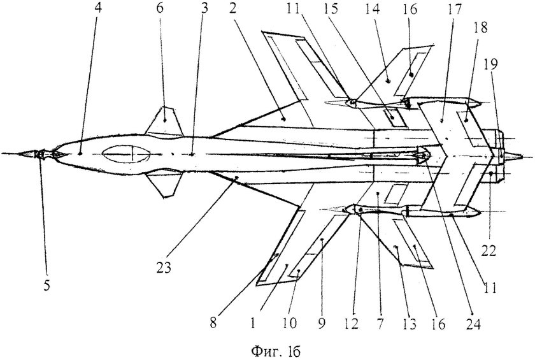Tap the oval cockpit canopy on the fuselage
pos(127,154)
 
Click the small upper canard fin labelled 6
pos(164,122)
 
